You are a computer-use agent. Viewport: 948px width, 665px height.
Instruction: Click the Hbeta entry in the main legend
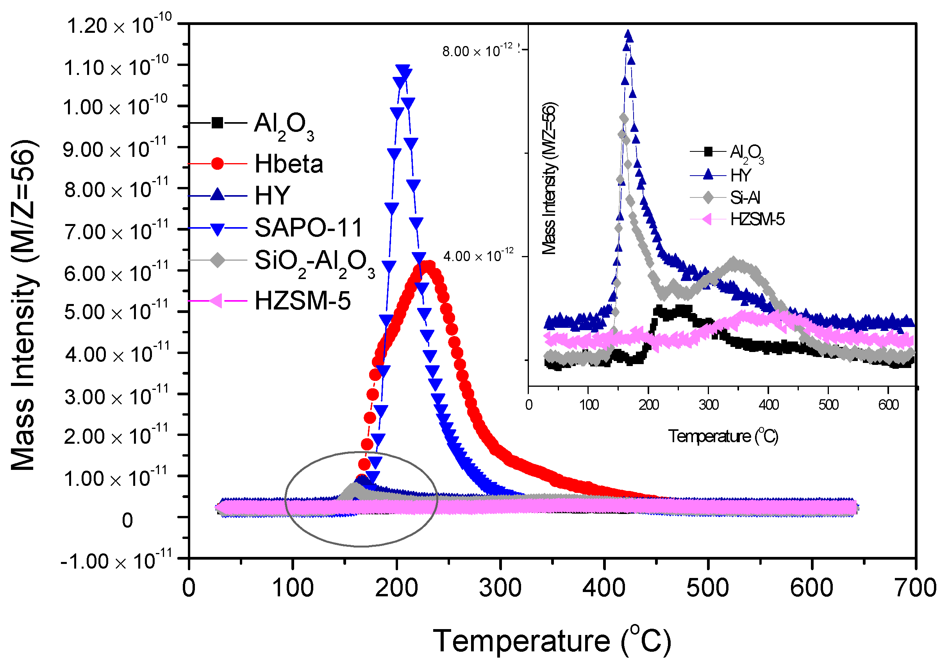(x=288, y=164)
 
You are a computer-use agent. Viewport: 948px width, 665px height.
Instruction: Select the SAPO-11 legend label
(x=308, y=228)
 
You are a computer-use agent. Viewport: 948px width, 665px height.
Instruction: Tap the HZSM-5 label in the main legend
(x=302, y=301)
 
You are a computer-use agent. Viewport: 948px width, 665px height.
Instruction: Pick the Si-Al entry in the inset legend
(x=744, y=197)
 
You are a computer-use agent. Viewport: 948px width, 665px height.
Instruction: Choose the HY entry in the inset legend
(x=740, y=175)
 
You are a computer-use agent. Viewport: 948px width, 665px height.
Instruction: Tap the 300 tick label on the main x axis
(x=500, y=588)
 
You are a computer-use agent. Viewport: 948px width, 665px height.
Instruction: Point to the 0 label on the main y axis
(x=127, y=521)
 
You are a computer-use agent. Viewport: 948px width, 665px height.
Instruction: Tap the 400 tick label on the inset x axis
(x=768, y=405)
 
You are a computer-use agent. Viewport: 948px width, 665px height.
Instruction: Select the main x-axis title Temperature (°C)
(x=552, y=641)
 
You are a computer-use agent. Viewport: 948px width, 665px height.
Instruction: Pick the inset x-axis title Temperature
(x=723, y=436)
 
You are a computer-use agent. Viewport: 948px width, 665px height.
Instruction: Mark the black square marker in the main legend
(x=217, y=123)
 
